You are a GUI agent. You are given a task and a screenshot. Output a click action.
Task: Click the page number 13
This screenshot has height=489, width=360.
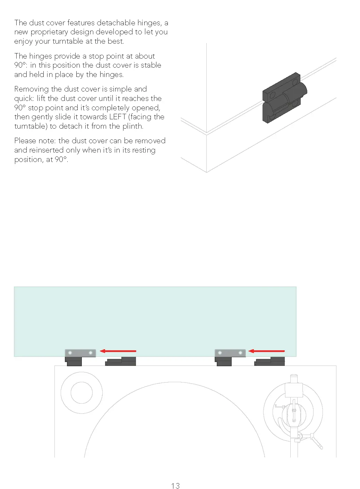(175, 486)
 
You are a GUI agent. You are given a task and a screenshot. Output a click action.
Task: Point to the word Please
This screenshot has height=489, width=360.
(25, 141)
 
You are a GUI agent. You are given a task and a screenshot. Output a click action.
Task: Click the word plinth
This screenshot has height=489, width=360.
(132, 126)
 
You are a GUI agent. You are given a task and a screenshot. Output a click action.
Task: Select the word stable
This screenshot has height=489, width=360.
(151, 65)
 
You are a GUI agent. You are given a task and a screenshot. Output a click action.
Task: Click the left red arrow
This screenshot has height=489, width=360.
(118, 351)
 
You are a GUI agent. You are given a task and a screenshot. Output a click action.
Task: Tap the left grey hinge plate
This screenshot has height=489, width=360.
(80, 353)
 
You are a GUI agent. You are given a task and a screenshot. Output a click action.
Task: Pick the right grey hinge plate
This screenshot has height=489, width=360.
(230, 353)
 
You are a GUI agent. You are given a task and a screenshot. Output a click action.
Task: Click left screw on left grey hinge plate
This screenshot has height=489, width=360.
(70, 353)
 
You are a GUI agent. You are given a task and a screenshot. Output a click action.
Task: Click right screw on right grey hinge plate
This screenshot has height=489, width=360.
(240, 353)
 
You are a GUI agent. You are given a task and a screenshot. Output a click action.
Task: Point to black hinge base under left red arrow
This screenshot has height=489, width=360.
(121, 361)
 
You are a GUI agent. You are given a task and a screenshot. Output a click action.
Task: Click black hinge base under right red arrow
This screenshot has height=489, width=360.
(270, 361)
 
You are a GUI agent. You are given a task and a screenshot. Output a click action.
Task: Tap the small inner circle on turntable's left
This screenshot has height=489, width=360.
(82, 393)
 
